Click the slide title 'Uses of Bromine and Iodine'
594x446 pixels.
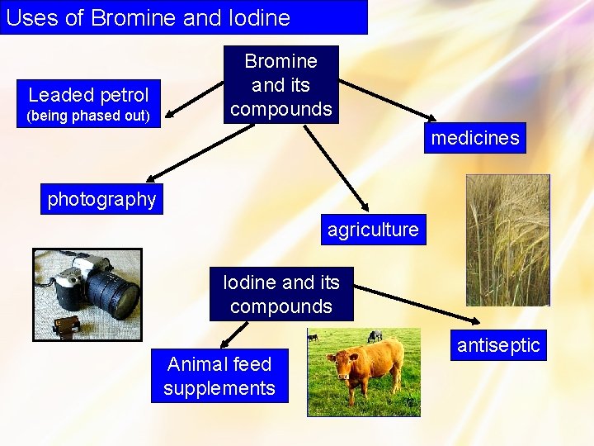[x=148, y=17]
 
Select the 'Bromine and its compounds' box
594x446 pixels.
[x=281, y=84]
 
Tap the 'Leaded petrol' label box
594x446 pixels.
[x=88, y=95]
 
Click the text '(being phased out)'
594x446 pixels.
[x=88, y=116]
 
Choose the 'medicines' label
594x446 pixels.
[x=475, y=138]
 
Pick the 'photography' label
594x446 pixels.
[x=101, y=199]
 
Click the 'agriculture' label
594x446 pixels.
[x=373, y=230]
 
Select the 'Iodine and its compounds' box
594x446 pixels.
[x=281, y=294]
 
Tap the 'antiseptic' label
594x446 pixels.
[x=498, y=345]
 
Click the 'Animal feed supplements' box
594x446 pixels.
[x=219, y=376]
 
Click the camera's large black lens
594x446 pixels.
[x=111, y=293]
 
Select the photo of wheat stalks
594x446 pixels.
[x=507, y=240]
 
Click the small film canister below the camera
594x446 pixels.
[x=66, y=326]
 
